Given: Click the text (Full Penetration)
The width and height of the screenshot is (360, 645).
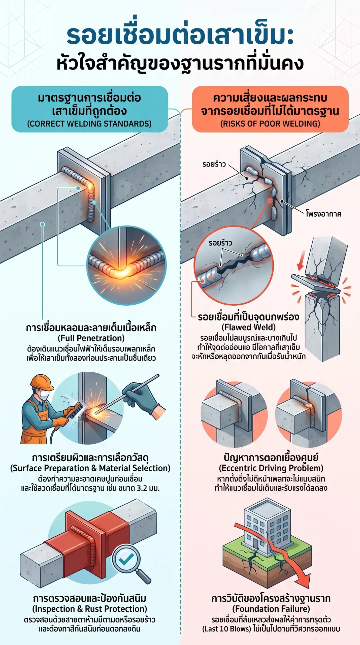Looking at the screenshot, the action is [x=91, y=338].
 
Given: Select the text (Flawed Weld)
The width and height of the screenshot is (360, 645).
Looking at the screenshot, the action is [x=249, y=327].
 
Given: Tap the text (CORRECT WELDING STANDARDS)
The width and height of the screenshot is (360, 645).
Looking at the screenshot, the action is [x=89, y=124].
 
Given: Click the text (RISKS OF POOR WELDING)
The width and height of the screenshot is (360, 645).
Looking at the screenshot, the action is [x=270, y=124].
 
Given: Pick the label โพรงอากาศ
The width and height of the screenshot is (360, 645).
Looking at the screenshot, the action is [x=324, y=214].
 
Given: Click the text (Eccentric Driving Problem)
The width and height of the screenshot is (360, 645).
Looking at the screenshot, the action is [x=271, y=468].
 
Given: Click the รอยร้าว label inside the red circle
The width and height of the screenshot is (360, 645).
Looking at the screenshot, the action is [x=220, y=243].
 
